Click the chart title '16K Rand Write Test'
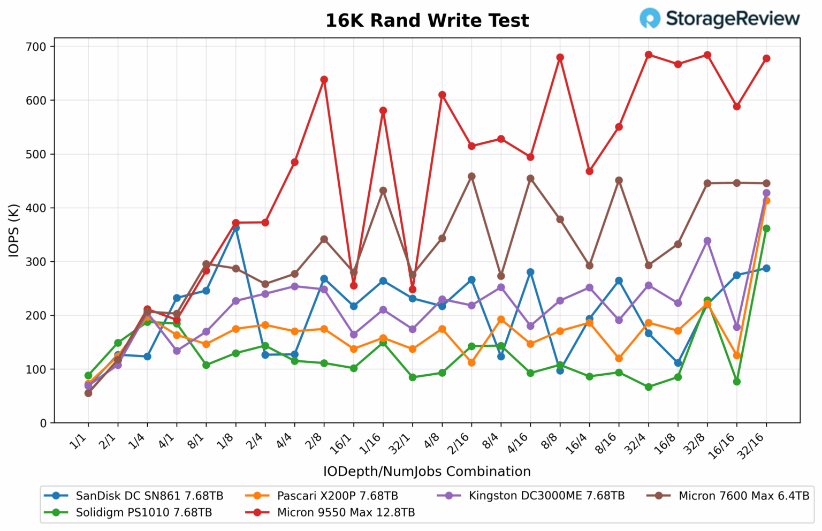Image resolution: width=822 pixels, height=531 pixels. pos(427,21)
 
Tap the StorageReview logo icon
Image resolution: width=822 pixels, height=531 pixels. pos(650,18)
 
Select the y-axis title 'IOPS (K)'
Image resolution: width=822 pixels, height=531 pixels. pos(14,230)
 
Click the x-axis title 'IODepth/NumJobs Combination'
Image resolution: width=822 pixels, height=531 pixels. pos(427,472)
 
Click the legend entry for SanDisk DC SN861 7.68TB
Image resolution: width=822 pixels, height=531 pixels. pos(149,496)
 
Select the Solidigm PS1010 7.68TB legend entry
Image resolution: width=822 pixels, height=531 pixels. pos(143,512)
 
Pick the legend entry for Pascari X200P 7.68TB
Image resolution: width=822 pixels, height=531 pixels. pos(337,496)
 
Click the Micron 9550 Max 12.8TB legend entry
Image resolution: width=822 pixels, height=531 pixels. pos(346,512)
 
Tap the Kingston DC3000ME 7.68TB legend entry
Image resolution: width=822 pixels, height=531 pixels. pos(546,496)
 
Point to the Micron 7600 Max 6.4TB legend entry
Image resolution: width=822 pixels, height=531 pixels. pos(743,496)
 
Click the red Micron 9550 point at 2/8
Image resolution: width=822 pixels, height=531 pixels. pos(324,80)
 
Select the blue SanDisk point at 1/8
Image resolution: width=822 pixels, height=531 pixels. pos(235,228)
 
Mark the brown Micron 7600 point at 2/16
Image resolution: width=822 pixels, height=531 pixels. pos(471,176)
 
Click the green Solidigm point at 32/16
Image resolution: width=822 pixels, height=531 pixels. pos(766,229)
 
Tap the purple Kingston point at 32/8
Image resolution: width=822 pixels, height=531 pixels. pos(707,241)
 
